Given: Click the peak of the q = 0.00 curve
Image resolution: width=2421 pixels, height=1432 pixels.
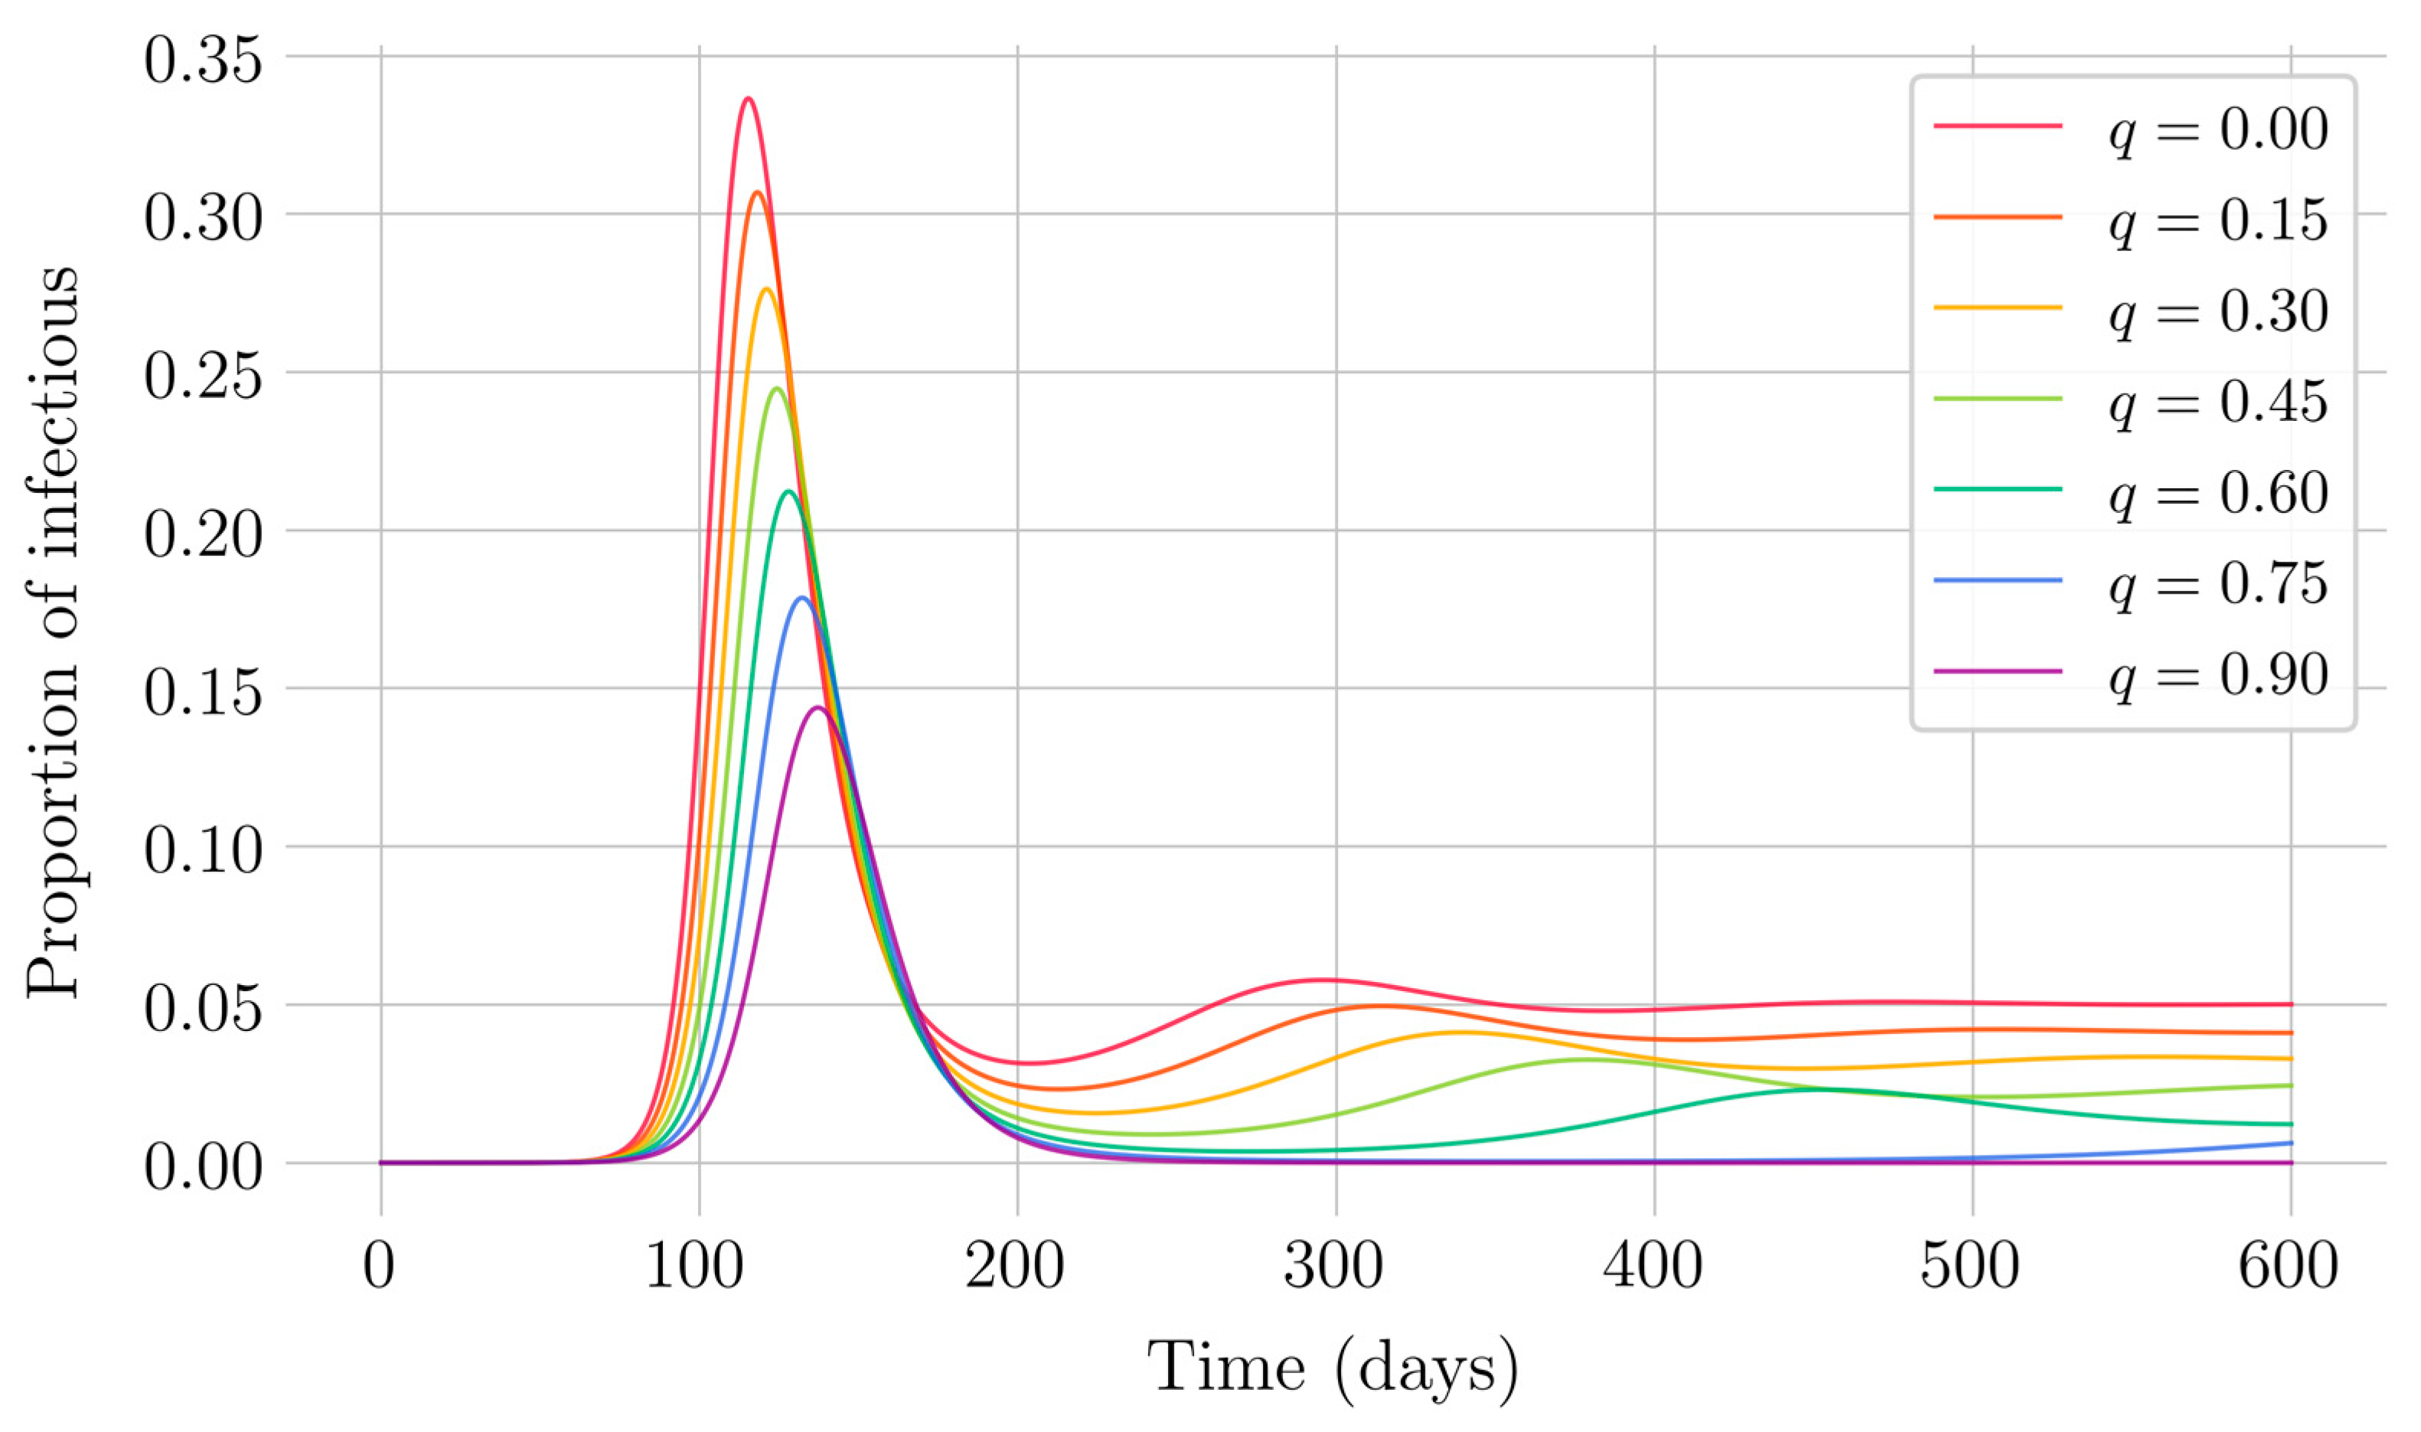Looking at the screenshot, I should point(748,99).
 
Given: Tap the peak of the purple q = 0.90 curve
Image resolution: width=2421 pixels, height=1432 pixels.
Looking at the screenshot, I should point(818,707).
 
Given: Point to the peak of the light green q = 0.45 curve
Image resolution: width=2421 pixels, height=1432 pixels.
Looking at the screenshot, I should point(777,389).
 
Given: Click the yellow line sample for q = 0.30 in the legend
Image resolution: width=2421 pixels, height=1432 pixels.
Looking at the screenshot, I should point(1998,307).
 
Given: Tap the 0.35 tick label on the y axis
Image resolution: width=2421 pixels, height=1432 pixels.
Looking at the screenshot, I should point(203,60).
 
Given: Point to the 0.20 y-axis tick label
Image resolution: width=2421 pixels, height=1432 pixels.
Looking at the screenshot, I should point(203,536).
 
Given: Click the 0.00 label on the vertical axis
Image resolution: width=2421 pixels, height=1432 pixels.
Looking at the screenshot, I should point(203,1168).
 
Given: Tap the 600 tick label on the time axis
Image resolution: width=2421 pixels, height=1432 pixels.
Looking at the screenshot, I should point(2288,1266).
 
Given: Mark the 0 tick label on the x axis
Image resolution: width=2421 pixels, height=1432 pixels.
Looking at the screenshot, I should point(379,1266).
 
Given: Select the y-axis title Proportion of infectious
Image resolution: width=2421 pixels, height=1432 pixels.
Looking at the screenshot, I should point(52,632).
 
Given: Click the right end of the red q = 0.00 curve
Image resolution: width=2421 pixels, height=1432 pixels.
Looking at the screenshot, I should point(2290,1004).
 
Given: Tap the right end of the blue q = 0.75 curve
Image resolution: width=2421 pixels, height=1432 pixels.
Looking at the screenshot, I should point(2290,1143).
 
